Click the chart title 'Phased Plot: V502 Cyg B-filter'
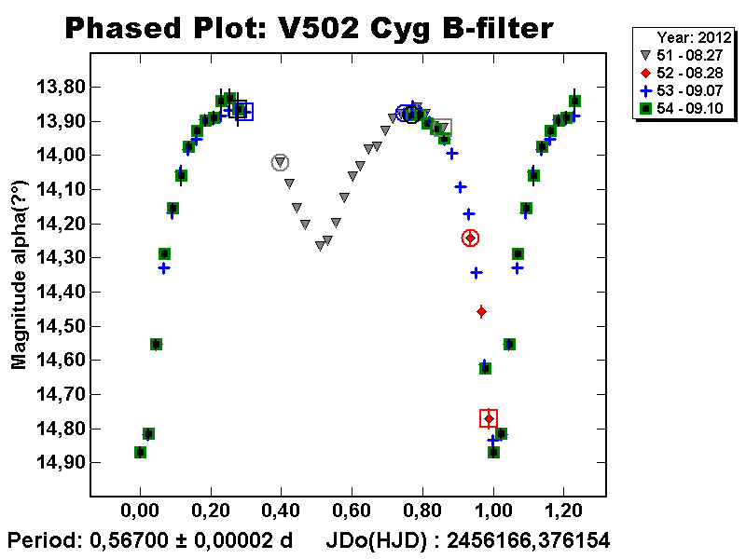(309, 29)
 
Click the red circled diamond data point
(470, 239)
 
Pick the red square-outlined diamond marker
(489, 418)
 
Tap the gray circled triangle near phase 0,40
(280, 163)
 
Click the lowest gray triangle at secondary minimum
(320, 246)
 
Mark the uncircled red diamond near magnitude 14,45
(481, 311)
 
